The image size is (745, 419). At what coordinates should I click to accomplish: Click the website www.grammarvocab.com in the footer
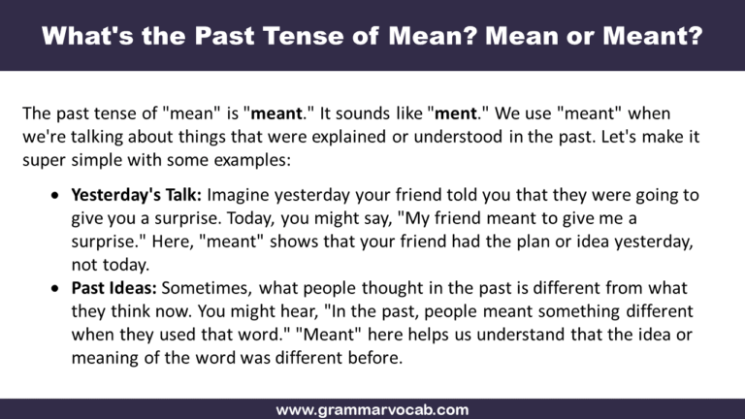click(372, 409)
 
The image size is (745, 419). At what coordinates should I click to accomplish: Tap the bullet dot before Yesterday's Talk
click(54, 196)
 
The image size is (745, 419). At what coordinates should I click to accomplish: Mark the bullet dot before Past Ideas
click(54, 288)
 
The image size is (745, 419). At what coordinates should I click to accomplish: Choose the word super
click(44, 160)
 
